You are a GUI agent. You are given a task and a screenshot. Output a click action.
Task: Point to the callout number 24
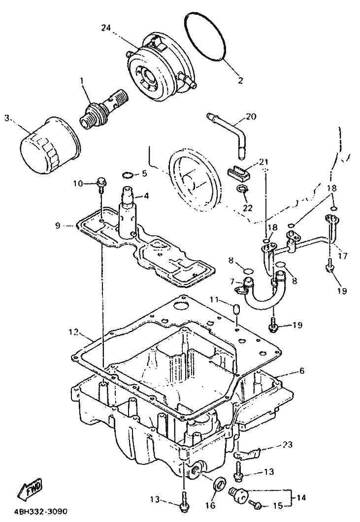tap(106, 28)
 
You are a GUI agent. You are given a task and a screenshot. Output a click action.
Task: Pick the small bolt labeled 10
tap(100, 185)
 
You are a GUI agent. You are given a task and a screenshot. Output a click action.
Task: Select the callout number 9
tap(58, 226)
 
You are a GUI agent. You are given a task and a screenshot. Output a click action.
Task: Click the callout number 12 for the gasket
tap(74, 332)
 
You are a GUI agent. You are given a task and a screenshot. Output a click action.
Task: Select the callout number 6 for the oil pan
tap(302, 370)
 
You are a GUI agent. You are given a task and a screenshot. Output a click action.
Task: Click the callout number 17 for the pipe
tap(342, 256)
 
